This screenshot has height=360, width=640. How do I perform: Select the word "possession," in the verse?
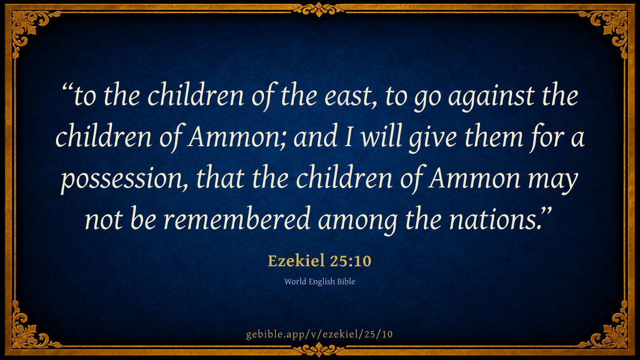125,179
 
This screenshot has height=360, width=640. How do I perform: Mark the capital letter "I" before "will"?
348,137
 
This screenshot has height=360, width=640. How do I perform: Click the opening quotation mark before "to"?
67,89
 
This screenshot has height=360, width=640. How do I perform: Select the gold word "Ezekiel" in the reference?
297,261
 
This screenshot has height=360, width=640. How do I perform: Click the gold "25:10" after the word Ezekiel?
350,261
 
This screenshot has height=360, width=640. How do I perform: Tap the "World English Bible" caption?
319,282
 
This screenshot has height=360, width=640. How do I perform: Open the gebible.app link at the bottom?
319,334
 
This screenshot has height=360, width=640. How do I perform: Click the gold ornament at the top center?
319,9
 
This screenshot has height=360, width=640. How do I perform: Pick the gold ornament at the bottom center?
319,349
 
